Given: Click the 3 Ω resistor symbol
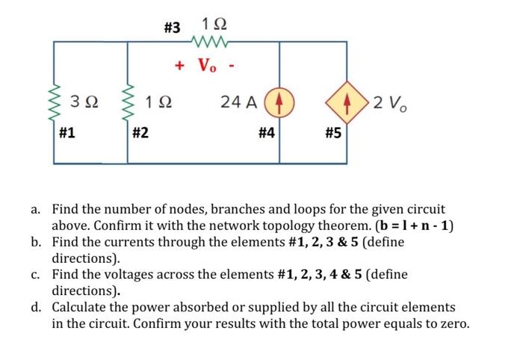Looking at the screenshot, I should (x=55, y=102).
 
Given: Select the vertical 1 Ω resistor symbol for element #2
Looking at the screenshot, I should (x=127, y=102).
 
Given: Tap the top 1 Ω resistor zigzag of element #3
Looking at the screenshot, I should (x=206, y=42).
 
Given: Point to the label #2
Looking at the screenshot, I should (x=140, y=134).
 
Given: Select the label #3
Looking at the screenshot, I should (x=172, y=28).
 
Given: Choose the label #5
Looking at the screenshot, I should (x=333, y=134).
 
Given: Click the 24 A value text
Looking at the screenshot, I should (x=240, y=101).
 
